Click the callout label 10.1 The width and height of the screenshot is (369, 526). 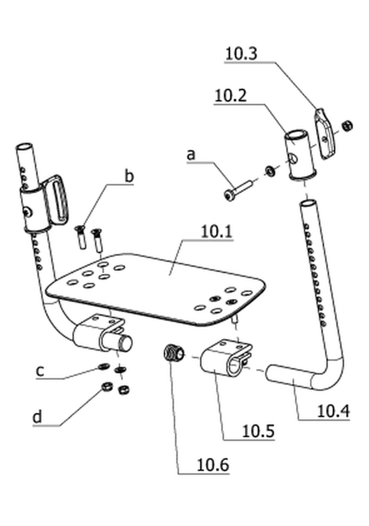tap(216, 232)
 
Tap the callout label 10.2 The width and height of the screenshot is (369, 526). tap(231, 96)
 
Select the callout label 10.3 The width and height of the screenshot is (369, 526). tap(241, 54)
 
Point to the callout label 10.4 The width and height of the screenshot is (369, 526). tap(333, 411)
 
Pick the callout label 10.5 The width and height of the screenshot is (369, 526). tap(258, 431)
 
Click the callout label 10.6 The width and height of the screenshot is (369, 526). tap(213, 465)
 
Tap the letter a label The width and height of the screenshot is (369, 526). tap(191, 155)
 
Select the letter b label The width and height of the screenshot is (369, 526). tap(129, 176)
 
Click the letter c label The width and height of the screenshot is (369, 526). tap(40, 371)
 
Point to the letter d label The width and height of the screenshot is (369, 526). tap(37, 417)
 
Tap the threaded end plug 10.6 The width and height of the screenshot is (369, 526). tap(174, 354)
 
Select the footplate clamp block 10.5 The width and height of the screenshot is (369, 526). tap(226, 358)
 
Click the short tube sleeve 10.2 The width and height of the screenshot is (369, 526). tap(300, 155)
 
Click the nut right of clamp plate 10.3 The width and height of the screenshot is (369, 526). tap(348, 126)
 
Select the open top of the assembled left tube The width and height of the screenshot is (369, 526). tap(24, 147)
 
